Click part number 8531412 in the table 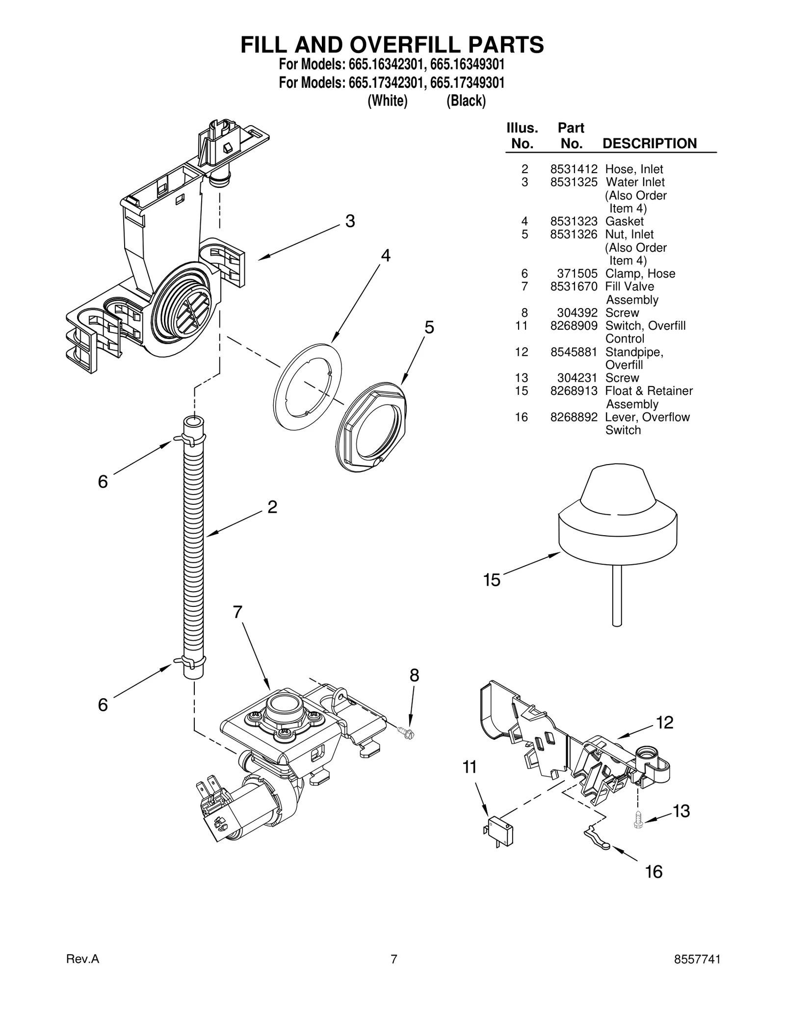point(573,169)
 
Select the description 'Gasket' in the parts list point(624,221)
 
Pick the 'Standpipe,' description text point(634,352)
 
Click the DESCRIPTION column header point(649,144)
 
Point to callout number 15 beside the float point(491,580)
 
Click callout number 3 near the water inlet point(350,221)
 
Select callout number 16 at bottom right point(654,872)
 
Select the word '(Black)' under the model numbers point(466,101)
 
